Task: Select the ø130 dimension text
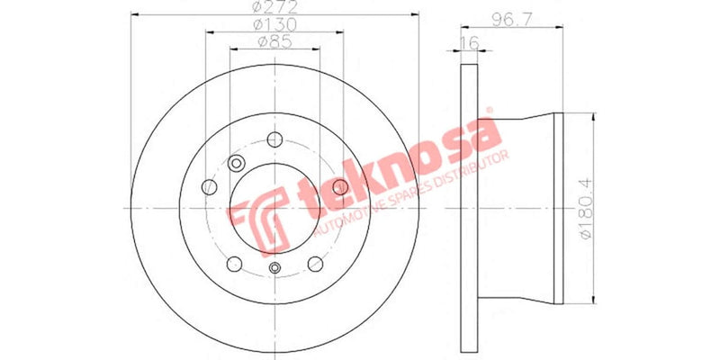click(275, 24)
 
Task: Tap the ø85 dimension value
click(274, 41)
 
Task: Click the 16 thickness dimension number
click(469, 43)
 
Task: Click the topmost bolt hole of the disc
click(274, 139)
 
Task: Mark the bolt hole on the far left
click(209, 186)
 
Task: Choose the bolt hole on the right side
click(340, 185)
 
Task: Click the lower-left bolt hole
click(234, 263)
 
